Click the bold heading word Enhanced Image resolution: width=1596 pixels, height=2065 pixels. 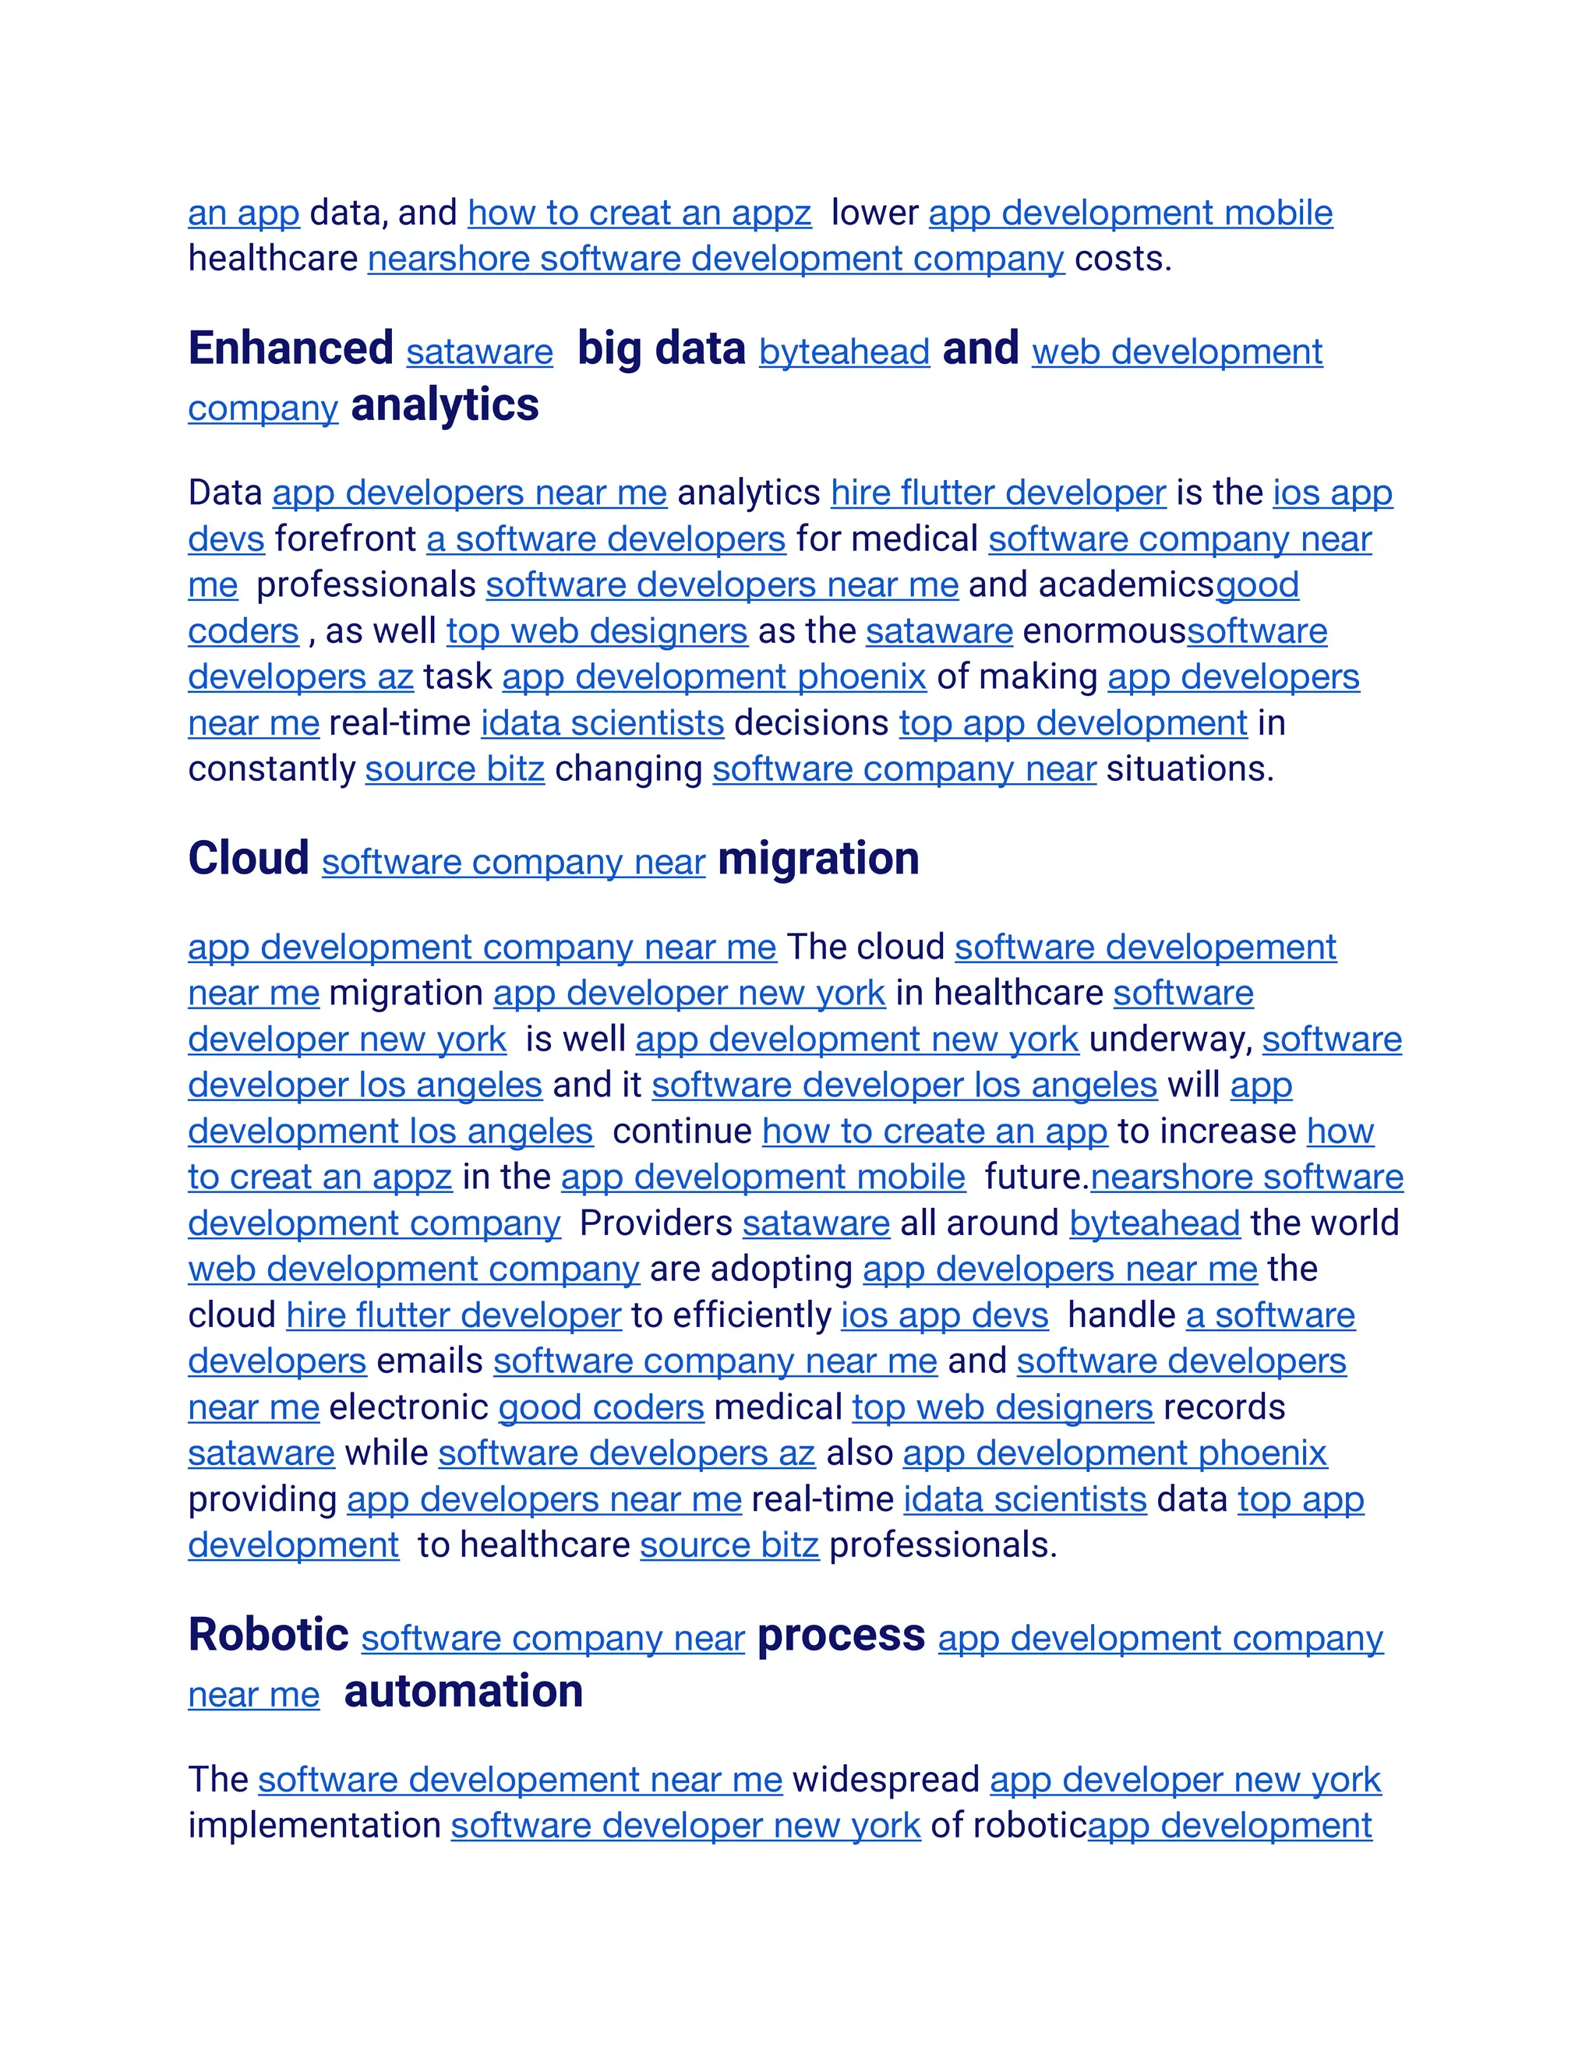pyautogui.click(x=290, y=349)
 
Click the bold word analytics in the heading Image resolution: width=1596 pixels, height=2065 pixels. pyautogui.click(x=444, y=406)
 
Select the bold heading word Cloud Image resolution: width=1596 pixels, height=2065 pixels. pyautogui.click(x=249, y=860)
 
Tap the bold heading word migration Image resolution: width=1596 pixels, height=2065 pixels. pyautogui.click(x=817, y=860)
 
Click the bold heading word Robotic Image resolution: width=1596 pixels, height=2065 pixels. pyautogui.click(x=269, y=1636)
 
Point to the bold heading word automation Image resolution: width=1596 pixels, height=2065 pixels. pyautogui.click(x=464, y=1693)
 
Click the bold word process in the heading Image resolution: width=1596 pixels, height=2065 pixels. pyautogui.click(x=841, y=1636)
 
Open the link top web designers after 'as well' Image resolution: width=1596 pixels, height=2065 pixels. pyautogui.click(x=597, y=632)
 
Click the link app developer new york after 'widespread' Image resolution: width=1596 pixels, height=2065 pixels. pyautogui.click(x=1185, y=1781)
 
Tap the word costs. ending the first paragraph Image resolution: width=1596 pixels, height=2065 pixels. pyautogui.click(x=1122, y=259)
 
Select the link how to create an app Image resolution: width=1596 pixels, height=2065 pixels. pyautogui.click(x=934, y=1131)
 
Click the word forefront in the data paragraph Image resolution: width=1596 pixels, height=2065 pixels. pyautogui.click(x=345, y=540)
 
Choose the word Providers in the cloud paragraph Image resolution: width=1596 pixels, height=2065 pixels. pyautogui.click(x=655, y=1223)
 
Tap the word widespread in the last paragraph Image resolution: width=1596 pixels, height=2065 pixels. pyautogui.click(x=885, y=1781)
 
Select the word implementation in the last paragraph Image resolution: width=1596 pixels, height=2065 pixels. pyautogui.click(x=314, y=1826)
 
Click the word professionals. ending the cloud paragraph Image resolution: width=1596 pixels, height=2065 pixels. pyautogui.click(x=943, y=1546)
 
